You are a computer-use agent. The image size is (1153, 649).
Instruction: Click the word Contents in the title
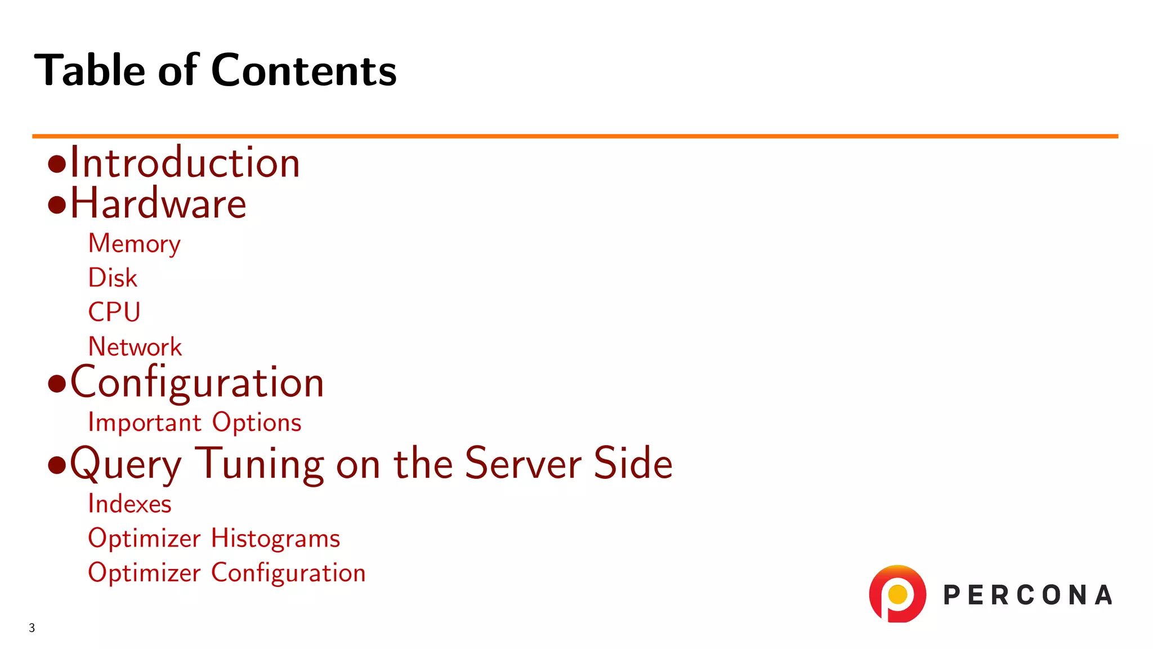[x=303, y=70]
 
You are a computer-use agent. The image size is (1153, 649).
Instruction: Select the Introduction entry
[x=185, y=163]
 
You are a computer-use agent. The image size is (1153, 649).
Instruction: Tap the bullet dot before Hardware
[x=57, y=205]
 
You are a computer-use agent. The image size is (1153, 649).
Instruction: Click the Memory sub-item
[x=134, y=244]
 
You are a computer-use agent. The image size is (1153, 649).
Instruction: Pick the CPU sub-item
[x=114, y=312]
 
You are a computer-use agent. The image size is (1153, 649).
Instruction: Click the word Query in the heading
[x=126, y=464]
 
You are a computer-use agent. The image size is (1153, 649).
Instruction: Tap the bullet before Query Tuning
[x=57, y=465]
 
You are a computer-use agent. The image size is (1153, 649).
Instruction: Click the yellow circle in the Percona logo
[x=897, y=594]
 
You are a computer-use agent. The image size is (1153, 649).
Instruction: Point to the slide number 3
[x=32, y=628]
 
